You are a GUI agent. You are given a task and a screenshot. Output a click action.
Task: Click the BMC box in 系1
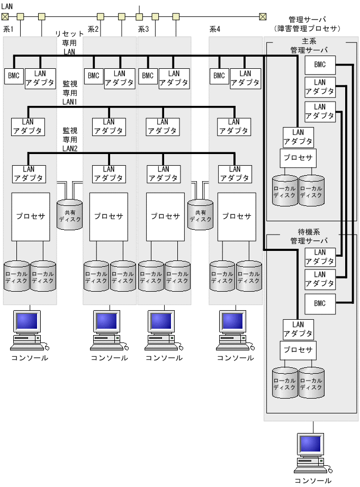click(x=13, y=76)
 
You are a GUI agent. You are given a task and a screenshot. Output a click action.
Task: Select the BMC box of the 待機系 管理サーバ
click(x=320, y=303)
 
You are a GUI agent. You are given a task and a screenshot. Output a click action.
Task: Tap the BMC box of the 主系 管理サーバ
click(x=320, y=65)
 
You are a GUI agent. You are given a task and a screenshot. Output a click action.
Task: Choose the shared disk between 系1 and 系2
click(x=70, y=214)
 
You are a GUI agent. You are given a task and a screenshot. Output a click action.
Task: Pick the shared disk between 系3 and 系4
click(x=200, y=214)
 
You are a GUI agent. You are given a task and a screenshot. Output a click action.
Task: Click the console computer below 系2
click(x=109, y=331)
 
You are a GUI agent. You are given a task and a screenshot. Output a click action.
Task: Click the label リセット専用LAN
click(x=69, y=42)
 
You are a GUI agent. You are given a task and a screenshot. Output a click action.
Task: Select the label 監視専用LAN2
click(x=70, y=139)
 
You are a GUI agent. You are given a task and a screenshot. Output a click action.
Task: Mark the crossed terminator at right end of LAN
click(x=263, y=16)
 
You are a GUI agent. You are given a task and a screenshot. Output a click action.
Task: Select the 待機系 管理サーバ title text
click(x=309, y=236)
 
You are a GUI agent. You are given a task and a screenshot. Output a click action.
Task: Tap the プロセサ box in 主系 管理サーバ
click(x=298, y=158)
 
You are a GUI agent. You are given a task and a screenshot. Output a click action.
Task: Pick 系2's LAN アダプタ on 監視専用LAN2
click(x=109, y=174)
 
